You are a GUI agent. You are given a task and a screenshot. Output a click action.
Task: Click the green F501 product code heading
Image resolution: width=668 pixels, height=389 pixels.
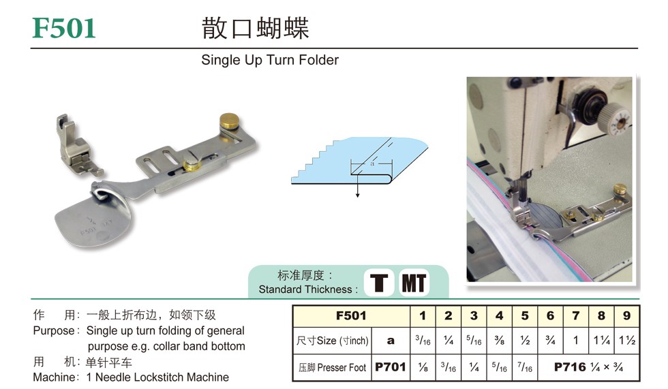(64, 28)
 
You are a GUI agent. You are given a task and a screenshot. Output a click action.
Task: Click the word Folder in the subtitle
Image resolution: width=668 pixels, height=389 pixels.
(319, 60)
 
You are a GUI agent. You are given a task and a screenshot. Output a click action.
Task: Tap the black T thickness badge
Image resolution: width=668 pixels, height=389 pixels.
(379, 283)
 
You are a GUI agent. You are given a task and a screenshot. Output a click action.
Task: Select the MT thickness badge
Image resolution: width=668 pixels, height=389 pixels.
(414, 283)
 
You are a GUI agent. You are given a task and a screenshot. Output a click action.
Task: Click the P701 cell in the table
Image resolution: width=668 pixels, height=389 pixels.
(390, 367)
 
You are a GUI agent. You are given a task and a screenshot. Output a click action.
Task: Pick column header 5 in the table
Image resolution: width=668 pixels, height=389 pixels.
(525, 316)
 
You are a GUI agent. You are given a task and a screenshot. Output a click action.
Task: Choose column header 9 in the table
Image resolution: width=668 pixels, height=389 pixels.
(626, 316)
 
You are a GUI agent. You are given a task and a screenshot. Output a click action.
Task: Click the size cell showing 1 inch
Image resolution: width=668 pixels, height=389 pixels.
(575, 341)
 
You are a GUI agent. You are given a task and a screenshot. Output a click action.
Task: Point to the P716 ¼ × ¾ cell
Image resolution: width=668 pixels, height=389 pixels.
(588, 367)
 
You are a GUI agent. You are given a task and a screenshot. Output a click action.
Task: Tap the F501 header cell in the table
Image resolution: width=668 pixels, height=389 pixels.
(351, 316)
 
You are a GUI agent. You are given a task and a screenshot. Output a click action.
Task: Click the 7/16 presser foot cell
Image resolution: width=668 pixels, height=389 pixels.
(525, 367)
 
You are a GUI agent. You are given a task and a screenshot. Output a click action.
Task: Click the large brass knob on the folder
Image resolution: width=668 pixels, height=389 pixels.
(229, 122)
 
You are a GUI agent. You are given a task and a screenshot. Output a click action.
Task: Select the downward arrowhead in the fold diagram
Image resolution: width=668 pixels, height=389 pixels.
(357, 195)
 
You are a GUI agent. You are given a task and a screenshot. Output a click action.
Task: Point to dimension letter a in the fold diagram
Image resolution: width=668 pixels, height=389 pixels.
(372, 163)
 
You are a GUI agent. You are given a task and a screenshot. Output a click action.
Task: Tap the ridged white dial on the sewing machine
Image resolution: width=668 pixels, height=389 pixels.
(615, 120)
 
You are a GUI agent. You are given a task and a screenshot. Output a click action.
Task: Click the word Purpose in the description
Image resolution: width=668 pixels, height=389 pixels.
(54, 331)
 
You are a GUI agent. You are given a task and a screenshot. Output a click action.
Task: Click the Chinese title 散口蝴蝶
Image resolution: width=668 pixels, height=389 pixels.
(255, 29)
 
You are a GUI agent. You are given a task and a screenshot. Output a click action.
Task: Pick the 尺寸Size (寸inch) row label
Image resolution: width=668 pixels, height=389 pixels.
(333, 341)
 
